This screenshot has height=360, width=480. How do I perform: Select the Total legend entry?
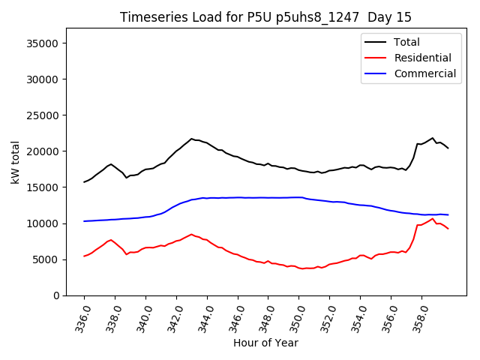tap(406, 42)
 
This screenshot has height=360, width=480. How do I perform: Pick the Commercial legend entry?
tap(424, 73)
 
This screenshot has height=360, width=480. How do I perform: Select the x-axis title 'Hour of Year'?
tap(265, 343)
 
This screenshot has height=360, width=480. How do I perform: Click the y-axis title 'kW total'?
tap(16, 162)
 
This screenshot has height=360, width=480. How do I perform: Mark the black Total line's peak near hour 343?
tap(191, 139)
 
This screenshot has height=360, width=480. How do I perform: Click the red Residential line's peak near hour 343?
tap(191, 234)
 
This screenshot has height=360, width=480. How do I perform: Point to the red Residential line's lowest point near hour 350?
tap(303, 268)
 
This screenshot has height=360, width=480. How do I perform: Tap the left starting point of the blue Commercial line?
tap(84, 221)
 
